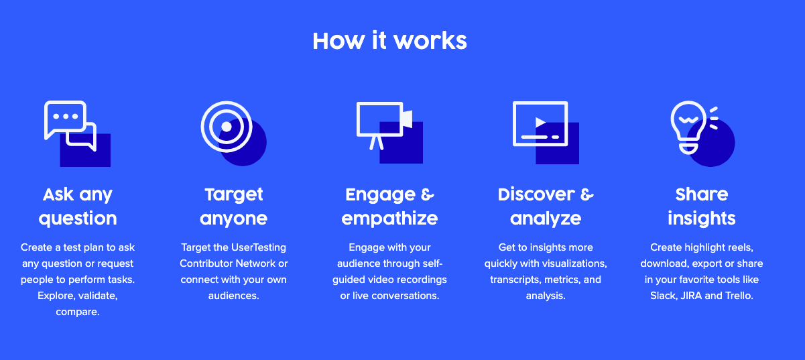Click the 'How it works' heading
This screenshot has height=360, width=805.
click(x=389, y=41)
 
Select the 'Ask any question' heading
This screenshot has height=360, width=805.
click(x=78, y=206)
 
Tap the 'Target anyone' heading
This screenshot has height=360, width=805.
click(x=233, y=206)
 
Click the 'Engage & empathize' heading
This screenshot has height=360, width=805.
click(x=389, y=206)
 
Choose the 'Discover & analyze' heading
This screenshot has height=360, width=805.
click(x=546, y=206)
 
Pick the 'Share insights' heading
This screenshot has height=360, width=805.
click(x=702, y=206)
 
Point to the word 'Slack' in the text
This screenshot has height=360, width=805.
click(x=663, y=296)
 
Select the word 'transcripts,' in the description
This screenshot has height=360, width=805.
click(x=513, y=280)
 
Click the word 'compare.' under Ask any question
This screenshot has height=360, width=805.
click(x=78, y=312)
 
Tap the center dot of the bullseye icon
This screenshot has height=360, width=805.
click(x=227, y=126)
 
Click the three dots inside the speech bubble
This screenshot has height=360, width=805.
click(x=65, y=116)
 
